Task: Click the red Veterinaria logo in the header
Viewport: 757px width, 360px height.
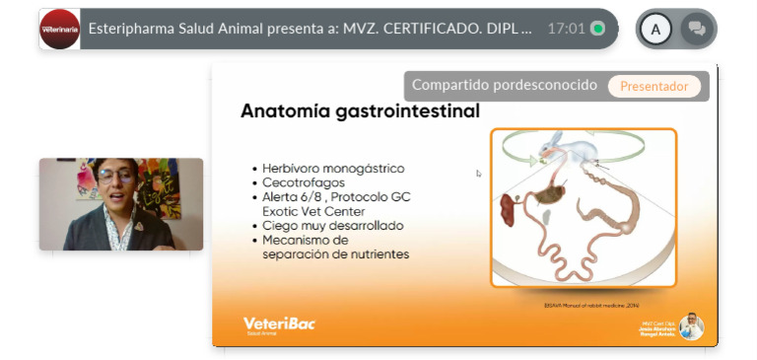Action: coord(59,30)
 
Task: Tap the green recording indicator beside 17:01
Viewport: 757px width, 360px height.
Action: coord(597,29)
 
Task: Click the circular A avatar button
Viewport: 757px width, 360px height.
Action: coord(655,30)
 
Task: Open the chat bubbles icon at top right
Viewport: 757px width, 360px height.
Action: coord(698,30)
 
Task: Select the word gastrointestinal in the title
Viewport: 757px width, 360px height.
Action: coord(407,111)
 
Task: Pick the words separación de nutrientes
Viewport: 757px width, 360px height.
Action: coord(335,253)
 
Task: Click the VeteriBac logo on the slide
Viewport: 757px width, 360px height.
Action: coord(279,324)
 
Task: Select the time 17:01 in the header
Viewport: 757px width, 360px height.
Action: coord(566,29)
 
